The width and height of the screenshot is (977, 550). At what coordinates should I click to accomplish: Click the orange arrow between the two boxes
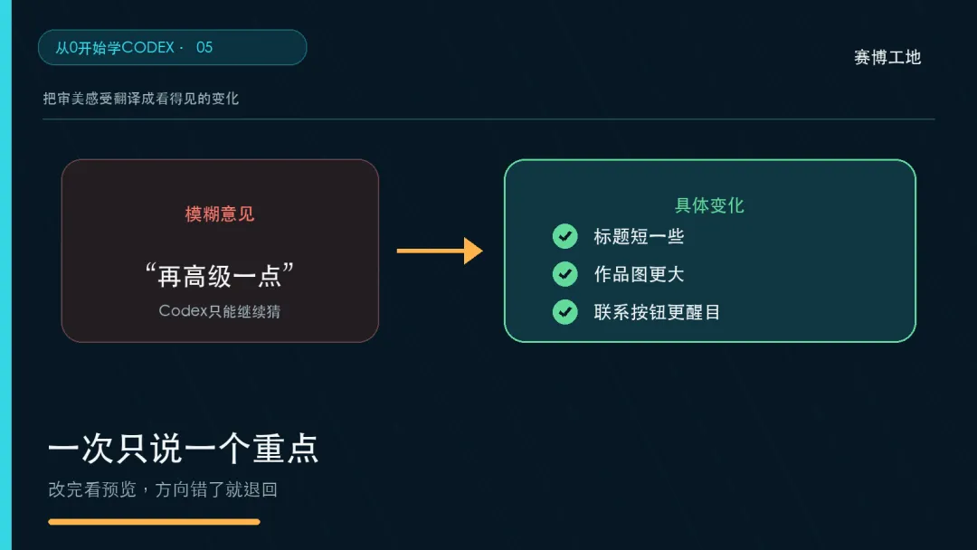click(440, 251)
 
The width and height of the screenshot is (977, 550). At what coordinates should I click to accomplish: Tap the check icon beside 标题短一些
click(565, 236)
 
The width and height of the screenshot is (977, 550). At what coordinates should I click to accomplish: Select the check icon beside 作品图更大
click(565, 274)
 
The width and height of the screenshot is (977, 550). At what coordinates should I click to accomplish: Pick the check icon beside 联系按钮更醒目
click(565, 312)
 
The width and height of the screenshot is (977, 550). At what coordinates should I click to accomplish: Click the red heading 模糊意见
click(220, 214)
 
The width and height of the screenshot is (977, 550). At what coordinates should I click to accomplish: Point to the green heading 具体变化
click(710, 205)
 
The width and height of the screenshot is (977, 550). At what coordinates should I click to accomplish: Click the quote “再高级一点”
click(219, 275)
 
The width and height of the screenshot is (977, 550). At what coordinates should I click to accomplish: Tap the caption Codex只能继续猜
click(220, 311)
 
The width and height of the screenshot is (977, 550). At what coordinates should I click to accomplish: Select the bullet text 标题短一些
click(639, 237)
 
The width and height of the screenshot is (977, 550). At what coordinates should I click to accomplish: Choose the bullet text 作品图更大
click(639, 275)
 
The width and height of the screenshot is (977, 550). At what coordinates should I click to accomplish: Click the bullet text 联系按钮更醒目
click(657, 312)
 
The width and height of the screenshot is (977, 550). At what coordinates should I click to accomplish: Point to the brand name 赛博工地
click(887, 57)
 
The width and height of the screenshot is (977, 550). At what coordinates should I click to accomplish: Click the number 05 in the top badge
click(204, 47)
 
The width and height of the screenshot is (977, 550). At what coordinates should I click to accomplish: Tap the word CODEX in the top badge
click(148, 47)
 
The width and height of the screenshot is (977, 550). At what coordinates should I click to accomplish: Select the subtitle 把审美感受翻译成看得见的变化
click(141, 99)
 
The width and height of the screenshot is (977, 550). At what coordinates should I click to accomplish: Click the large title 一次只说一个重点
click(183, 449)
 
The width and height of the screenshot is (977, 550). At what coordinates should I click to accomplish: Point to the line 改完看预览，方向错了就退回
click(163, 489)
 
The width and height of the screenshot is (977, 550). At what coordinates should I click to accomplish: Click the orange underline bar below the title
click(154, 522)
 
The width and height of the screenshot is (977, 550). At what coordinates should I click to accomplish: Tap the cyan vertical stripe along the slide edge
click(5, 275)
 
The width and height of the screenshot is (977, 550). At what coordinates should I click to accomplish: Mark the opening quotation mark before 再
click(149, 270)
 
